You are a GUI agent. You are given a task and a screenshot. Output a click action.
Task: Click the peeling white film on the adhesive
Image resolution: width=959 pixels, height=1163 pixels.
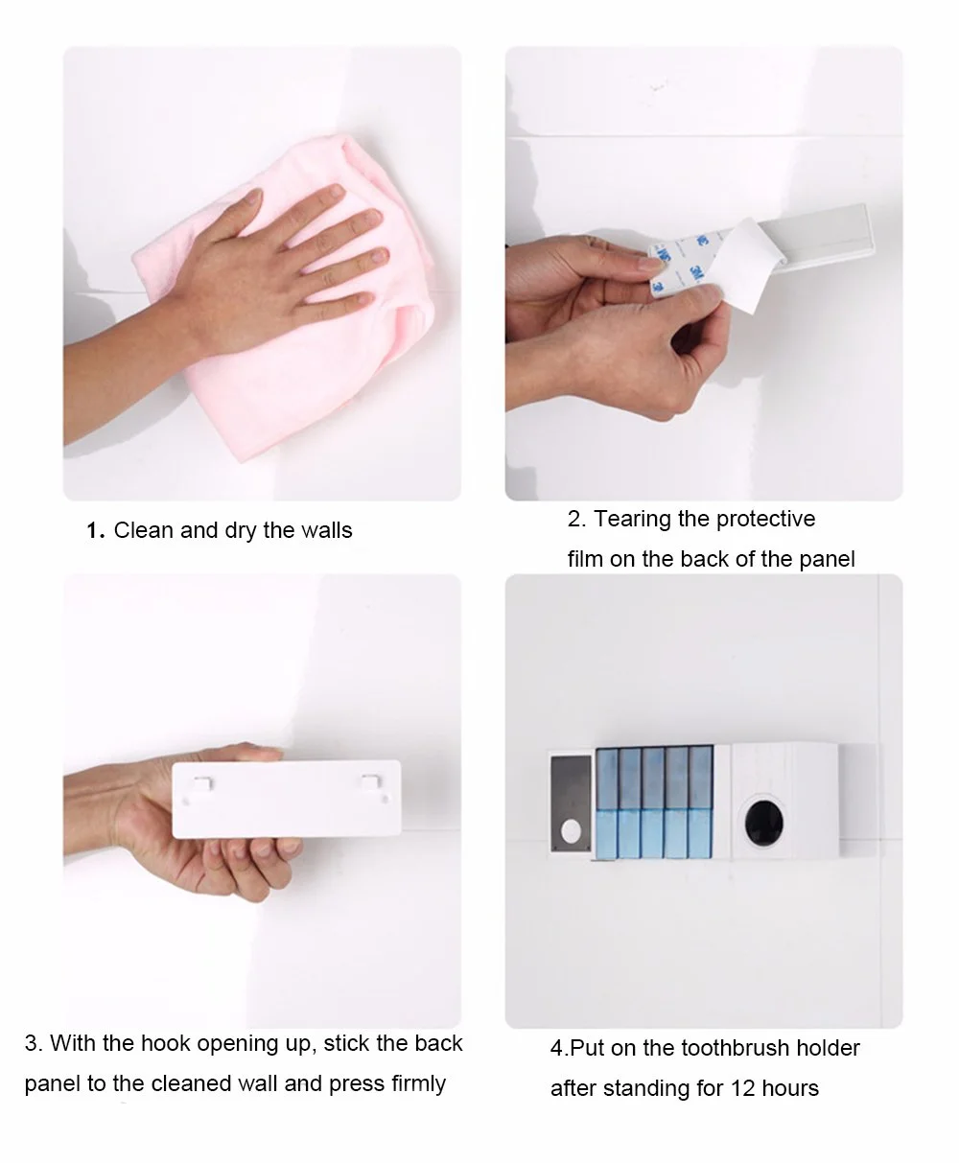(x=747, y=265)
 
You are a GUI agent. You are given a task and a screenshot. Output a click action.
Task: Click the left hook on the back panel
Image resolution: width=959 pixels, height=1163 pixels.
(x=202, y=783)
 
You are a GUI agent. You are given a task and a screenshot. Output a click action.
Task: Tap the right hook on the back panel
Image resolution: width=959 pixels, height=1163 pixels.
(x=371, y=782)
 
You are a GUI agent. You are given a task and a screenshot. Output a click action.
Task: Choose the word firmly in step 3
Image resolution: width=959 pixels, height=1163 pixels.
(x=418, y=1084)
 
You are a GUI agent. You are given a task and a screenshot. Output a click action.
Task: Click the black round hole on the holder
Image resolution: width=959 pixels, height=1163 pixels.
(x=764, y=824)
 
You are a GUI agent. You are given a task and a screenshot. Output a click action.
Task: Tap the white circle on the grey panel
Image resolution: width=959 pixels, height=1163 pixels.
(x=571, y=830)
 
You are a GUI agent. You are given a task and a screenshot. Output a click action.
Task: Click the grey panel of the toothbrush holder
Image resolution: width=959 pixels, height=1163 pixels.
(x=572, y=803)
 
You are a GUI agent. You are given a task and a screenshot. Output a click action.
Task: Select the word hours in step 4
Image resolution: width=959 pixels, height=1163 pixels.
(x=790, y=1088)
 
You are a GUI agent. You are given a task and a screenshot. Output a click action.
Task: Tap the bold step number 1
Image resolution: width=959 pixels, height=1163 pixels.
(x=95, y=531)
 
